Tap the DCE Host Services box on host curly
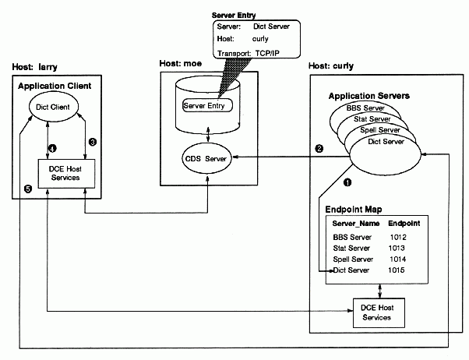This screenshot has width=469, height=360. pyautogui.click(x=379, y=312)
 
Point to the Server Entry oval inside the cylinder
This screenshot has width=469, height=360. pyautogui.click(x=207, y=104)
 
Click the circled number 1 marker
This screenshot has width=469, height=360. pyautogui.click(x=347, y=182)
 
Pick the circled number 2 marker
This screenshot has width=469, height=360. pyautogui.click(x=318, y=148)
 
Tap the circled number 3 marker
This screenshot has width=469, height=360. pyautogui.click(x=92, y=142)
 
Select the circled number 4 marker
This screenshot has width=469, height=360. pyautogui.click(x=52, y=147)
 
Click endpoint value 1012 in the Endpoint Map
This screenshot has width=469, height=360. pyautogui.click(x=400, y=236)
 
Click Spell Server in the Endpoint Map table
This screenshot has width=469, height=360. pyautogui.click(x=351, y=259)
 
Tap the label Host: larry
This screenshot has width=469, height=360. pyautogui.click(x=33, y=68)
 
